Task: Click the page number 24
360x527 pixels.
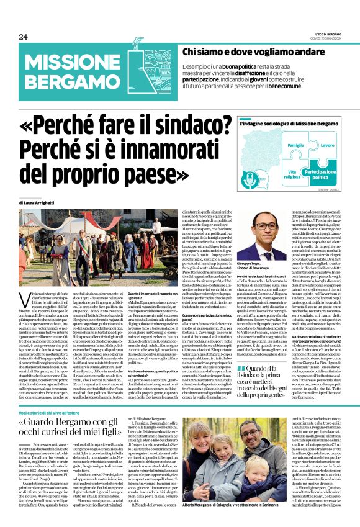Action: coord(23,37)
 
